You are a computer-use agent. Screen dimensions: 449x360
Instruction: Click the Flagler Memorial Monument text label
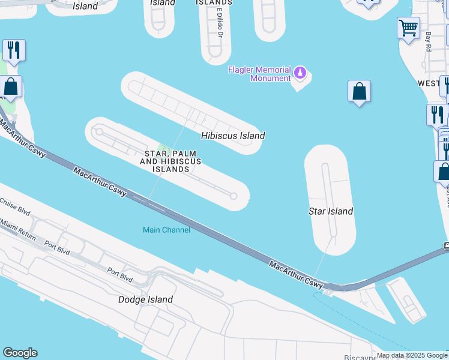coord(259,74)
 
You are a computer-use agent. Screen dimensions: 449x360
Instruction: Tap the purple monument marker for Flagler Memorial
coord(300,74)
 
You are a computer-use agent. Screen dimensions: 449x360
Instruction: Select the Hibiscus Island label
coord(233,136)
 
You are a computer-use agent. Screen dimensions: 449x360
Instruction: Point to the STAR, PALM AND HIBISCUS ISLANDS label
coord(170,161)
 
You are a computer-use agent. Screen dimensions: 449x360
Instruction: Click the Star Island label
coord(330,211)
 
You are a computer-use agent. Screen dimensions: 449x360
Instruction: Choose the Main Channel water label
coord(166,230)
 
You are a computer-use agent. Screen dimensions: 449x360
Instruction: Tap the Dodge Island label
coord(145,299)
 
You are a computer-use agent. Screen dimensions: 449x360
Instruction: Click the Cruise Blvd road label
coord(15,208)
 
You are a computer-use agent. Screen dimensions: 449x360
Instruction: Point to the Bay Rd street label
coord(429,41)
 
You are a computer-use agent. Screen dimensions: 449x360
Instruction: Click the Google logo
coord(20,353)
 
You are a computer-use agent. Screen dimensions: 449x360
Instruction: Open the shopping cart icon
coord(408,28)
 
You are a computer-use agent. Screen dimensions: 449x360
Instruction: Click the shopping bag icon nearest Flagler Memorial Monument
coord(359,91)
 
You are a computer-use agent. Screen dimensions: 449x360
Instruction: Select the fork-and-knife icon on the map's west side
coord(14,50)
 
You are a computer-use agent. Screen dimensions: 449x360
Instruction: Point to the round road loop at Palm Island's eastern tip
coord(234,196)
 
